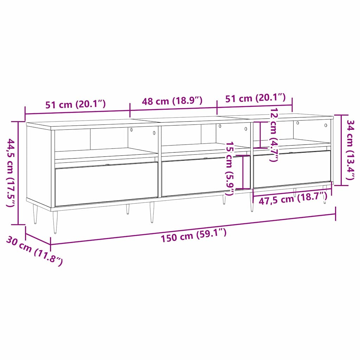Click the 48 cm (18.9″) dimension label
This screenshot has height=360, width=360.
click(172, 101)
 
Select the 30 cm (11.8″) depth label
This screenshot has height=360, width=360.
click(34, 250)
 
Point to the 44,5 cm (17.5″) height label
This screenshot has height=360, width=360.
click(11, 173)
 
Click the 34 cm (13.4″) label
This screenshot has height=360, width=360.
click(351, 150)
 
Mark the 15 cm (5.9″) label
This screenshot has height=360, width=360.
click(230, 169)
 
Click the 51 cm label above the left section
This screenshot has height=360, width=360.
click(75, 104)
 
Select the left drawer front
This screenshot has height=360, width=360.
click(106, 184)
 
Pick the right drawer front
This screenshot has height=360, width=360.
click(292, 169)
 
